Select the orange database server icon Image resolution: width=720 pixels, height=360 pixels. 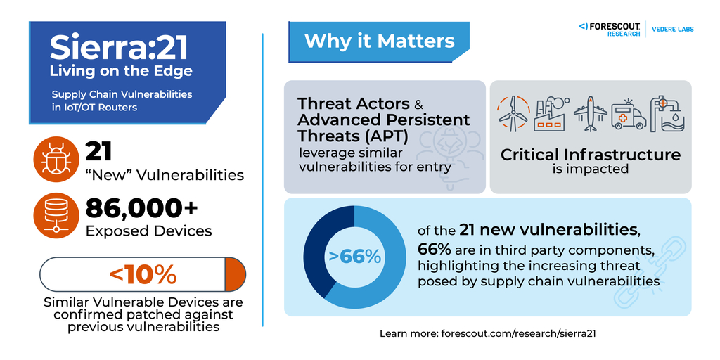pos(54,214)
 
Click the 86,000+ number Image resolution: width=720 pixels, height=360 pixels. pos(141,207)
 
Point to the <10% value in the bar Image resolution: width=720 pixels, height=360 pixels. pos(143,274)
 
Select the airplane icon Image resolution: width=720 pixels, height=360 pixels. pos(590,114)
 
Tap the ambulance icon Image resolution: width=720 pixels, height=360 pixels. pos(629,115)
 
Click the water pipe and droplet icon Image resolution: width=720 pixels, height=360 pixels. pos(667,114)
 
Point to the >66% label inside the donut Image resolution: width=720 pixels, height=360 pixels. pos(354,257)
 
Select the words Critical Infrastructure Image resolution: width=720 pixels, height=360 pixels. pos(591,155)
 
